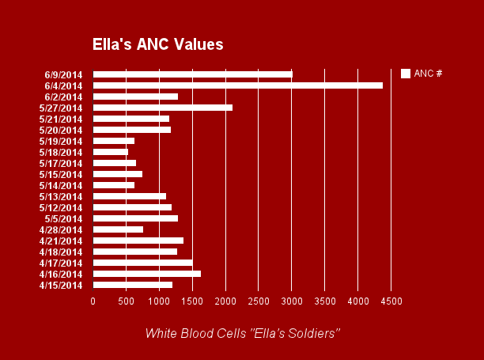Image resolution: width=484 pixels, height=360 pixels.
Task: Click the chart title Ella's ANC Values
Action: point(157,44)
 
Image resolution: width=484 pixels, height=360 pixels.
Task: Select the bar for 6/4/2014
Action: point(237,85)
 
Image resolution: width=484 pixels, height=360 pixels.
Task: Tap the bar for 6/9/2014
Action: point(192,74)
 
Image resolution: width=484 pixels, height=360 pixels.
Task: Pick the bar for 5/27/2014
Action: point(162,108)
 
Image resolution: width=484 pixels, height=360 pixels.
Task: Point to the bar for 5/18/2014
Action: point(110,152)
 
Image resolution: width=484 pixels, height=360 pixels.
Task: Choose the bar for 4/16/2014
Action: point(146,274)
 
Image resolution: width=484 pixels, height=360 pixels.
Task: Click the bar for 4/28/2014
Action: point(118,229)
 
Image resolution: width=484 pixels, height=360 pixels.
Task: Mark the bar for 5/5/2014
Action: point(135,218)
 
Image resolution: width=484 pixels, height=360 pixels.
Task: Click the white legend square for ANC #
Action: point(406,74)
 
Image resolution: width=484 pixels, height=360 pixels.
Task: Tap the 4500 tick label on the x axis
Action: point(391,301)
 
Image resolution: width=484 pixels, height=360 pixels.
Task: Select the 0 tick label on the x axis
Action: point(93,301)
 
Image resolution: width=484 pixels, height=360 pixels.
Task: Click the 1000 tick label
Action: point(159,301)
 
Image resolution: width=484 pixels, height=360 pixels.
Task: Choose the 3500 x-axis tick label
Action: point(325,301)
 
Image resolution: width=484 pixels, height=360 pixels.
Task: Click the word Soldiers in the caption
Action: point(315,333)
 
